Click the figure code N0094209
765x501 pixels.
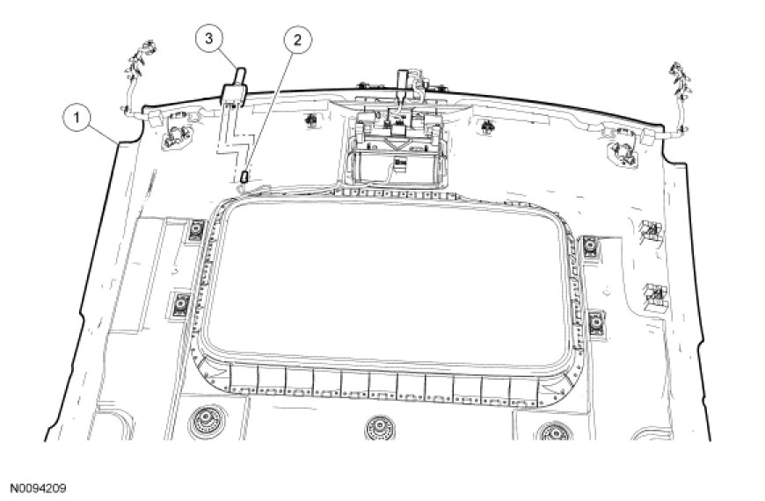(38, 486)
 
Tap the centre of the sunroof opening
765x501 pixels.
(392, 286)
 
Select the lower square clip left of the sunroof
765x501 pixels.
(181, 303)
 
